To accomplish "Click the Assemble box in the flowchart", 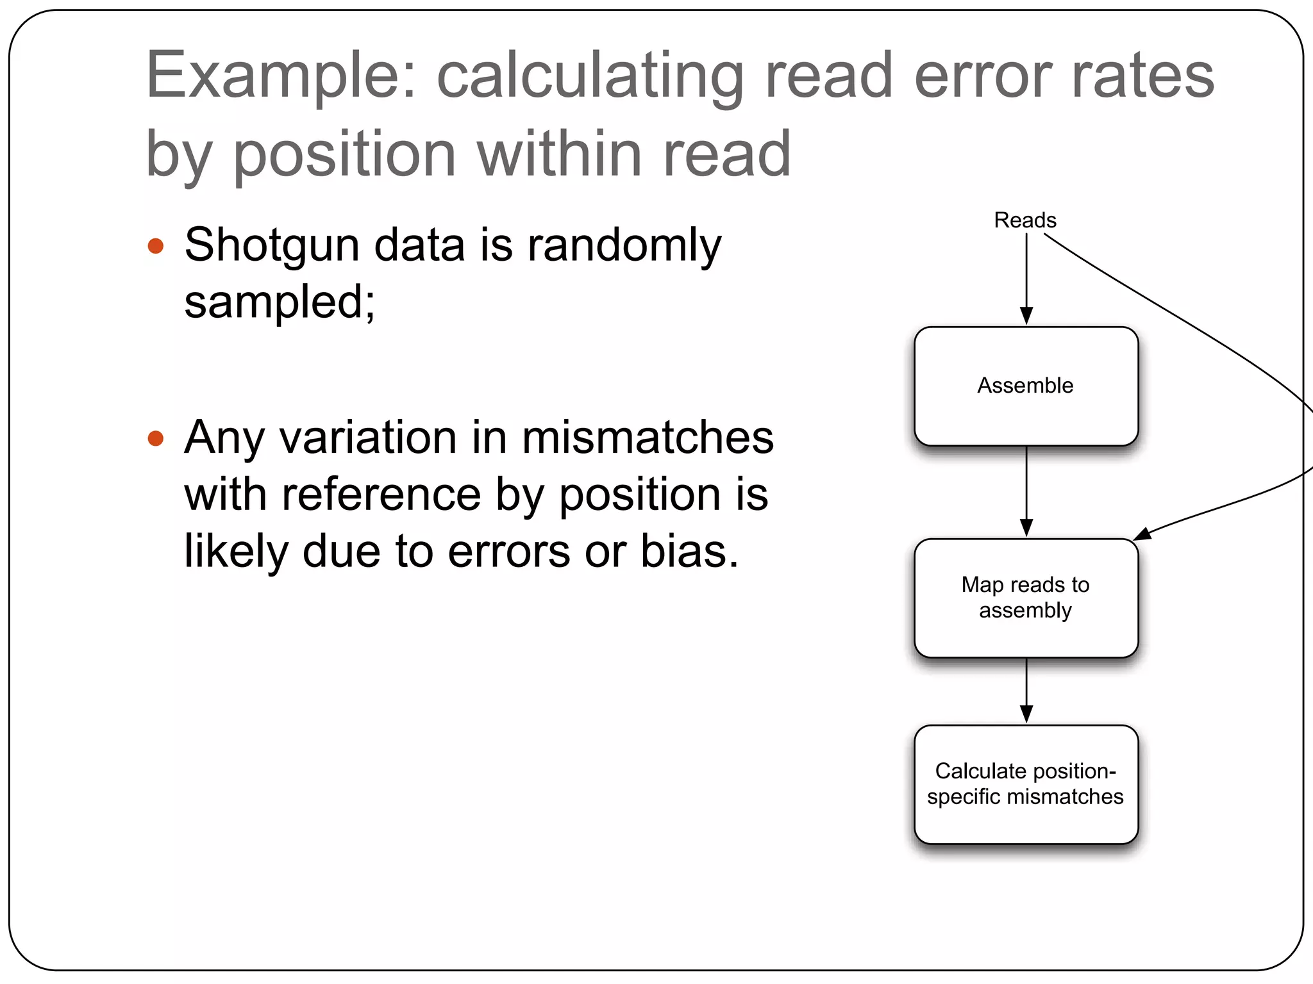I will tap(1026, 386).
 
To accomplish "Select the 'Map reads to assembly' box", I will tap(1026, 598).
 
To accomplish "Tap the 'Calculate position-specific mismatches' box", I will tap(1026, 784).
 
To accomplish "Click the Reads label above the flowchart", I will tap(1025, 220).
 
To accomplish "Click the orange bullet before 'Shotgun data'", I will tap(156, 246).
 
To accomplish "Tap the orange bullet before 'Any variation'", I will tap(156, 438).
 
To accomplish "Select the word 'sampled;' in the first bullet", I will tap(280, 302).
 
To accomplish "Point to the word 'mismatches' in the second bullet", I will tap(648, 438).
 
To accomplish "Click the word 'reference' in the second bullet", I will tap(381, 495).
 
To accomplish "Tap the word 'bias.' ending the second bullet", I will tap(690, 552).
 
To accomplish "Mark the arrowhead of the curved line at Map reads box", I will tap(1142, 534).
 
